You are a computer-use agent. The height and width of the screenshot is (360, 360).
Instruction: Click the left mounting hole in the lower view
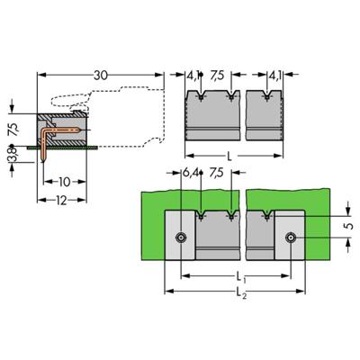pos(181,238)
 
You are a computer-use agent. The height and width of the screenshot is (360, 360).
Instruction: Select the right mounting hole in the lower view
pos(290,238)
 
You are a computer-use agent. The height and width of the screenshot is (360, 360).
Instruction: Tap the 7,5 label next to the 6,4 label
pos(217,171)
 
